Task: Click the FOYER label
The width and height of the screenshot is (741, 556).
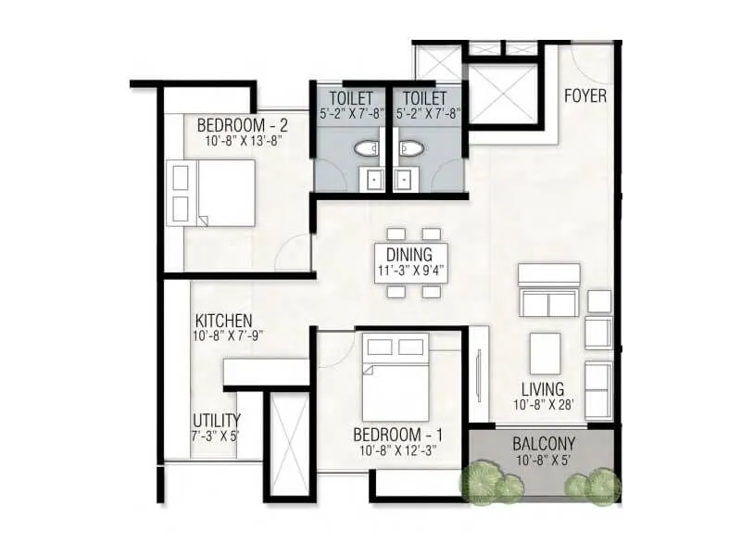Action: tap(586, 95)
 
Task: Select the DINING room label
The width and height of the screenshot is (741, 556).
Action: tap(409, 255)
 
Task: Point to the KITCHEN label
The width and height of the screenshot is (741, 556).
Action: tap(223, 322)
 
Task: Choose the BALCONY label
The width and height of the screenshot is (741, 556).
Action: tap(544, 444)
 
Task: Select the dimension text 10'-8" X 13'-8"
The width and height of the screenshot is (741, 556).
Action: tap(243, 142)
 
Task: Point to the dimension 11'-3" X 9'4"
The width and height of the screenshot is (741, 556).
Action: tap(409, 272)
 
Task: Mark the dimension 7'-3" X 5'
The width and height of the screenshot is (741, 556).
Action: tap(215, 436)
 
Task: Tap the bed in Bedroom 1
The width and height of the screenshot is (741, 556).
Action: tap(395, 380)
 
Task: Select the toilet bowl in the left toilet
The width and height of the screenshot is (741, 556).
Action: tap(368, 146)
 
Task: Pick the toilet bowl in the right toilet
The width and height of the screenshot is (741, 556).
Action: tap(410, 146)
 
